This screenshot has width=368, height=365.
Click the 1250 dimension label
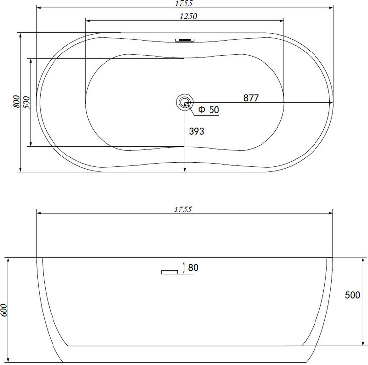click(188, 16)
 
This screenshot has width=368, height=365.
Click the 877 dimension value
click(251, 98)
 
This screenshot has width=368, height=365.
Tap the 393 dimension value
click(197, 131)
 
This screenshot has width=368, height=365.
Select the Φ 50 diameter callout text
click(209, 110)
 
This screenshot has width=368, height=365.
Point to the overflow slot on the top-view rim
click(185, 40)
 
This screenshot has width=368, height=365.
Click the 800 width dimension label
click(16, 102)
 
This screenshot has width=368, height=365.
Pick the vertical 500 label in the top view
click(27, 103)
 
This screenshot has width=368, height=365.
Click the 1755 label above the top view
click(184, 3)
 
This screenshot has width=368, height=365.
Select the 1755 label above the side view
click(183, 209)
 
